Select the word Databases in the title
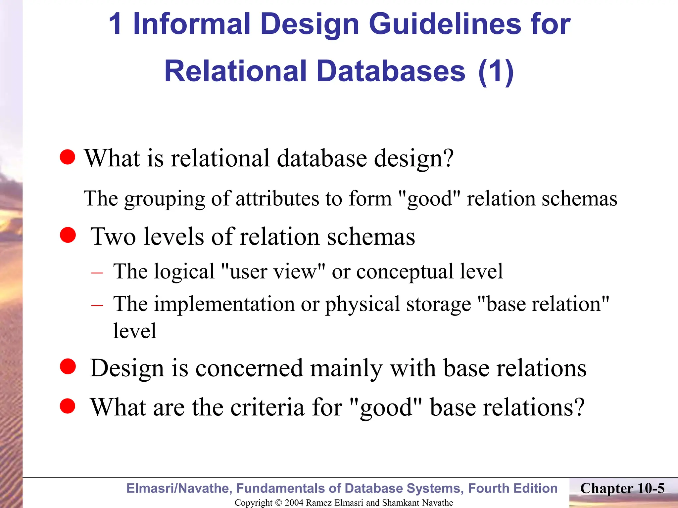tap(391, 71)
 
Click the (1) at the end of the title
tap(496, 72)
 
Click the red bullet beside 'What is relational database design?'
tap(68, 157)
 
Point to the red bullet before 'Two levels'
tap(68, 235)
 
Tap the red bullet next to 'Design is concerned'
tap(68, 367)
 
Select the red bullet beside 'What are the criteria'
tap(68, 406)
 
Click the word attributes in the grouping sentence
tap(277, 199)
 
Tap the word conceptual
tap(404, 272)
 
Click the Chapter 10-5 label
tap(622, 488)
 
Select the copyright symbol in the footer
tap(278, 503)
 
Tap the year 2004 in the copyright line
tap(294, 503)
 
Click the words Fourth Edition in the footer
tap(513, 488)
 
